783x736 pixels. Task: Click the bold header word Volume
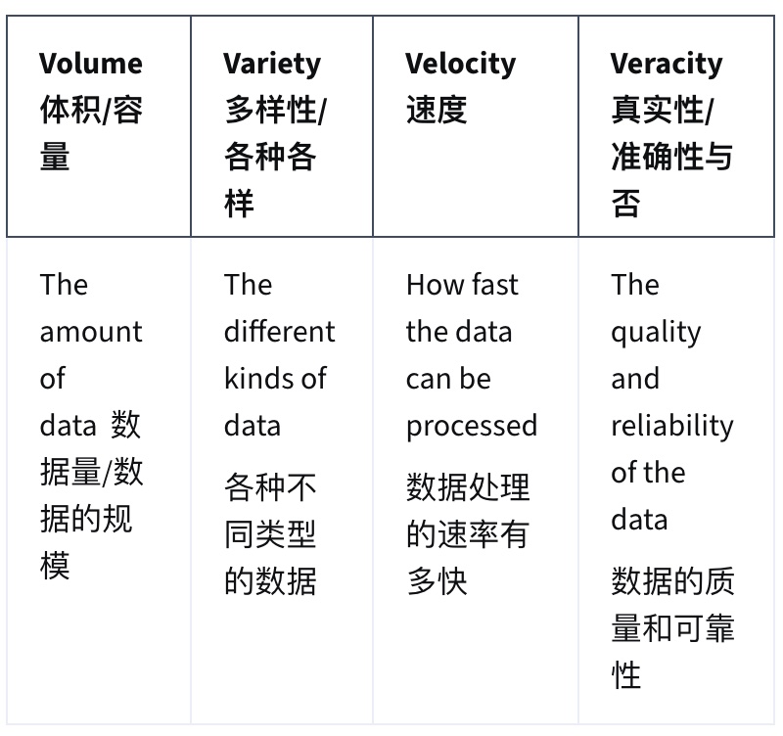[91, 64]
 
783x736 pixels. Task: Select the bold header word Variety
[272, 65]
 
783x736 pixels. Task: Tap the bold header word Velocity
[460, 65]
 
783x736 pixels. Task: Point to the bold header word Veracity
[667, 65]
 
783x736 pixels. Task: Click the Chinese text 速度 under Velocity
[437, 110]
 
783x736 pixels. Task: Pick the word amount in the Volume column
[91, 332]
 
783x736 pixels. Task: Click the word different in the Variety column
[280, 331]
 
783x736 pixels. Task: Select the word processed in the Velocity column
[472, 427]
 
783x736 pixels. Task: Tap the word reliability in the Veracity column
[672, 427]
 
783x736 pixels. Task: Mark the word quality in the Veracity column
[656, 333]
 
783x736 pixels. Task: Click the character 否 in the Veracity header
[625, 204]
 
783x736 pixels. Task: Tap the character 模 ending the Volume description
[55, 566]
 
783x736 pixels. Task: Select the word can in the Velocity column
[428, 381]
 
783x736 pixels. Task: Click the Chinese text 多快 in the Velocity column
[437, 581]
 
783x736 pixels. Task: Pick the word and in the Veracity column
[635, 378]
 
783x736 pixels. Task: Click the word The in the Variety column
[249, 285]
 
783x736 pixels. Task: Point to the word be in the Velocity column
[476, 378]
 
